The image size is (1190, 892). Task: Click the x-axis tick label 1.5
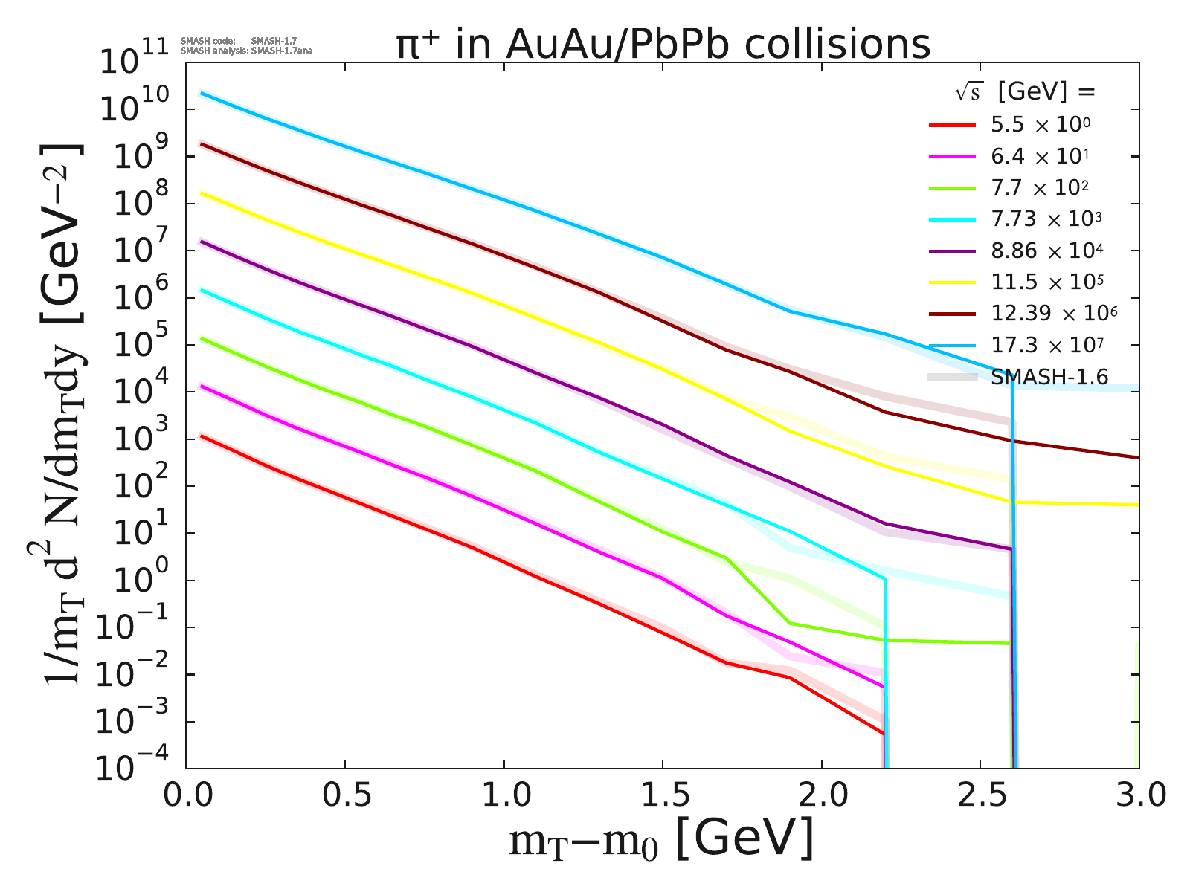662,796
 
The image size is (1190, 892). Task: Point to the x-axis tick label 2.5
980,796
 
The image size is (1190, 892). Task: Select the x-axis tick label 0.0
186,796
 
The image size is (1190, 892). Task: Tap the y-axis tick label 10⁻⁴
138,767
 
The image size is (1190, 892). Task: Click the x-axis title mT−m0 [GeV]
662,840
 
